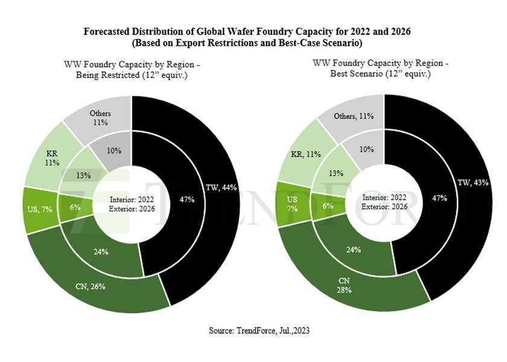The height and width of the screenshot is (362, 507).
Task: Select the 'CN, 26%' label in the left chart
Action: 89,287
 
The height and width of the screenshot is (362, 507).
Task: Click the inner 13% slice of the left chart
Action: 83,175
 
